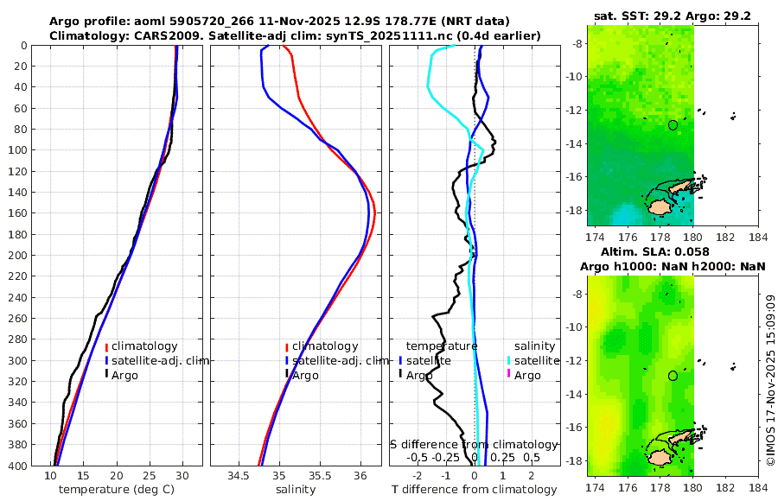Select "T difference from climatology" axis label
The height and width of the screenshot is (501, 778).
click(474, 490)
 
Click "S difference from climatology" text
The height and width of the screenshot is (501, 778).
click(474, 444)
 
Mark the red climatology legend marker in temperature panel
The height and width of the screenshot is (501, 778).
click(106, 346)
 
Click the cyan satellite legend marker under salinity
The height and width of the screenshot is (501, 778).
click(509, 360)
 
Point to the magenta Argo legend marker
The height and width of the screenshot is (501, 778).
click(509, 375)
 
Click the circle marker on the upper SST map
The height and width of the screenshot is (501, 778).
click(673, 125)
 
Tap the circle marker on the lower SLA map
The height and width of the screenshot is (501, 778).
click(673, 376)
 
